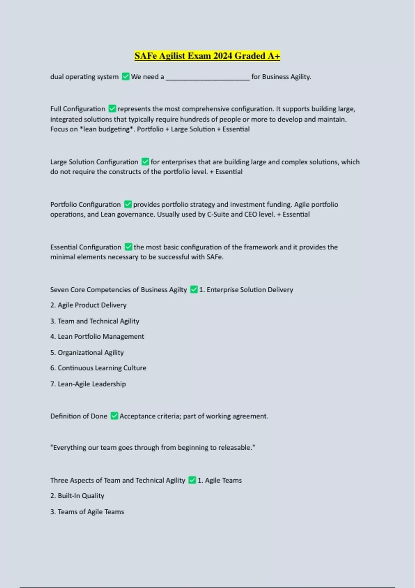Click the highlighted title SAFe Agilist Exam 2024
point(207,56)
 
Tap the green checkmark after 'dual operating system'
point(126,76)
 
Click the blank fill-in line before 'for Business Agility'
point(207,77)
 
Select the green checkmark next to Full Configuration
point(112,109)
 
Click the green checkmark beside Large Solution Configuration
point(145,162)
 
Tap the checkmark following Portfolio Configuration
point(128,204)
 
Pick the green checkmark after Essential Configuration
point(128,247)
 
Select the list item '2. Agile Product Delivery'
point(88,305)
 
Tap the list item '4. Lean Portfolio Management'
point(97,337)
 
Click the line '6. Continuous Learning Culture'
point(98,368)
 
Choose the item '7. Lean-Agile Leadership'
point(88,384)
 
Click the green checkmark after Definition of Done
point(114,416)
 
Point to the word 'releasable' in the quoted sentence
point(236,448)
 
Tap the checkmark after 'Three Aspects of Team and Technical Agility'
point(192,480)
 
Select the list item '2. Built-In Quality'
point(77,496)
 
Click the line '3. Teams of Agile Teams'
point(87,512)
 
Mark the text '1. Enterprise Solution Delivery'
point(246,290)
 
